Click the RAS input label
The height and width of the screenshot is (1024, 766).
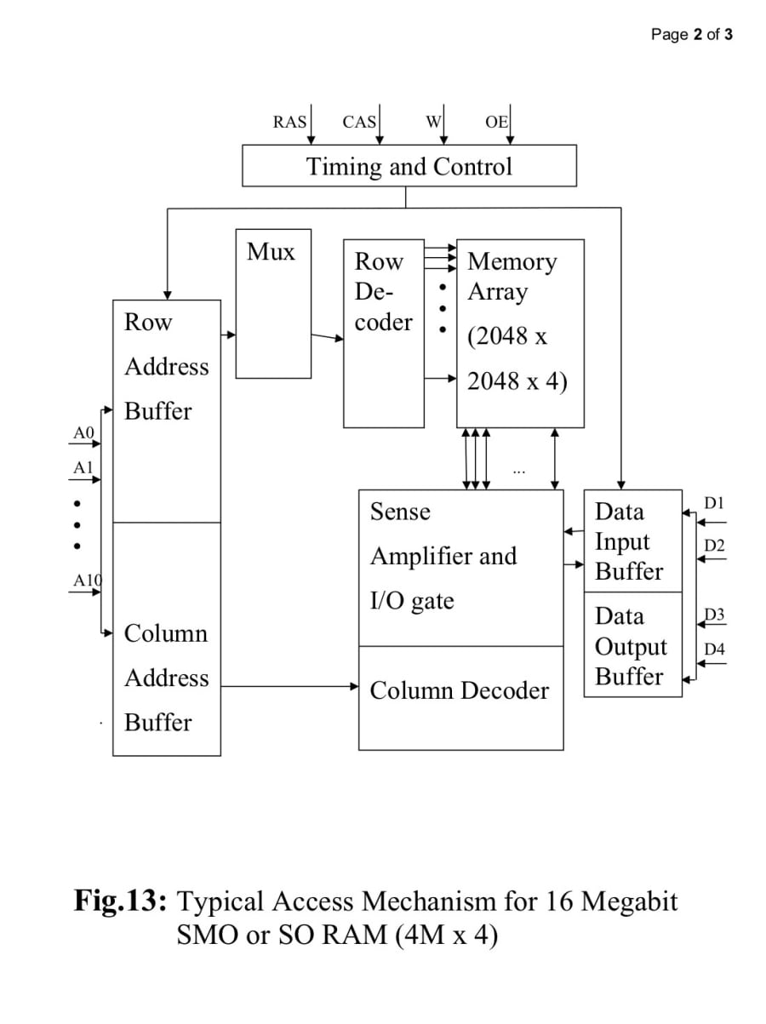(289, 122)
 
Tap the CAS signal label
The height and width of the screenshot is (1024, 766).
(359, 122)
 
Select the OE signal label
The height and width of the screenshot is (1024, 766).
(496, 122)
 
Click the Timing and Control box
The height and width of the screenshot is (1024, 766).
(409, 165)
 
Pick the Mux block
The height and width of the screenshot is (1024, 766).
(273, 303)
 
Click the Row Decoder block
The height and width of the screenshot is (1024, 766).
(383, 333)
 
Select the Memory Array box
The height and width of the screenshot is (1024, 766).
(520, 333)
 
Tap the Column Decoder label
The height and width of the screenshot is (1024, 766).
(460, 690)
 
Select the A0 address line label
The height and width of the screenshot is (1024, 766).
(83, 433)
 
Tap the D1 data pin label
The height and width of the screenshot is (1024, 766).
(714, 503)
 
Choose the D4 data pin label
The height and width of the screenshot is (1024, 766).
(715, 649)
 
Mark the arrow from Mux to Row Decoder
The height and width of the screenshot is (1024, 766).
(327, 338)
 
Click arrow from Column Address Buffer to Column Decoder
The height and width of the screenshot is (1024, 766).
(289, 686)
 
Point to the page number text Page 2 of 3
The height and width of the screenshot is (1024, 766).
(691, 35)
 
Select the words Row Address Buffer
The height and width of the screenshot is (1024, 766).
(166, 367)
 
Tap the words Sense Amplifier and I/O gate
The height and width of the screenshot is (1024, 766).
(443, 556)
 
